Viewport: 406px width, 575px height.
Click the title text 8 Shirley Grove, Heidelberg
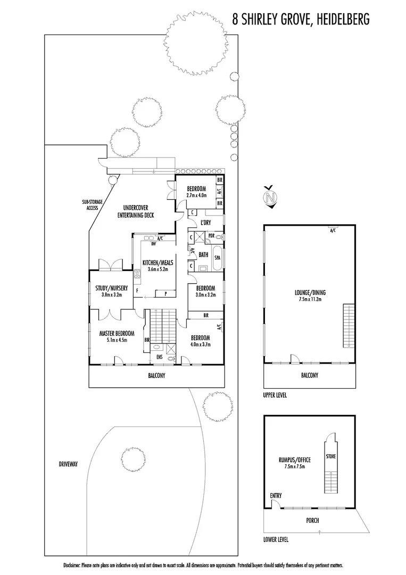pos(301,19)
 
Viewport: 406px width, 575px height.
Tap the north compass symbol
pos(270,199)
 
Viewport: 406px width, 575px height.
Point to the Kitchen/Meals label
pos(155,262)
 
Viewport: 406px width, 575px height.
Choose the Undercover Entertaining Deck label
pos(135,211)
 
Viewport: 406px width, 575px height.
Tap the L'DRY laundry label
pos(206,223)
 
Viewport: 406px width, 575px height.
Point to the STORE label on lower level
pos(330,457)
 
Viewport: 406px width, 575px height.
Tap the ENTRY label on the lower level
pos(276,496)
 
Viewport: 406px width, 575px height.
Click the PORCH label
pos(313,520)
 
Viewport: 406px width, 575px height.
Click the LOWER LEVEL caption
pos(276,539)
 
